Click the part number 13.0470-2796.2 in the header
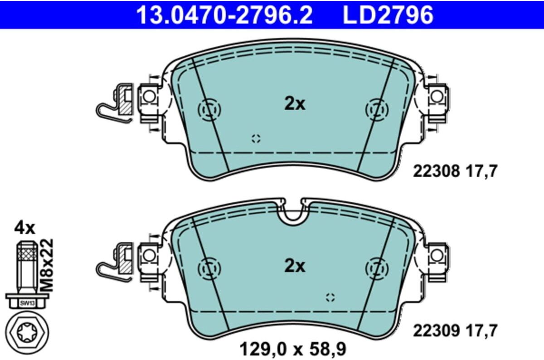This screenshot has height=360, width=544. coord(224,15)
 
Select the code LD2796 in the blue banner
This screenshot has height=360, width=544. coord(388,15)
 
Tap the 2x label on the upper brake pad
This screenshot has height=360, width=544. coord(295,104)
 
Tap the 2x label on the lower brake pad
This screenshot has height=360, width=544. coord(295,266)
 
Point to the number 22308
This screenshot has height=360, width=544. coord(437,171)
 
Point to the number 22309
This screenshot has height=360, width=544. coord(437,331)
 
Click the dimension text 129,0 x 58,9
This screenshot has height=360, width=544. coord(293,349)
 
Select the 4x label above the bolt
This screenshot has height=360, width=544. coord(24,228)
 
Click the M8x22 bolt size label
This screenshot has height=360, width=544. coord(47,265)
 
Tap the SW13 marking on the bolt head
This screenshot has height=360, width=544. coord(28,303)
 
